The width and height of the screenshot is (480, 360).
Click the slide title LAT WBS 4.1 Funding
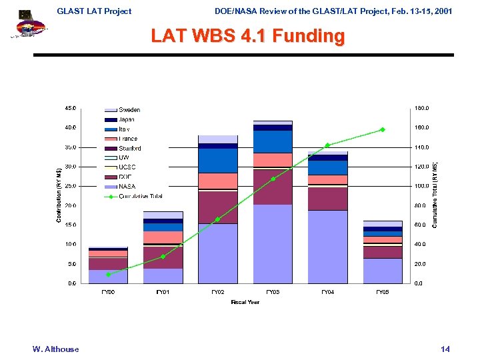click(x=248, y=35)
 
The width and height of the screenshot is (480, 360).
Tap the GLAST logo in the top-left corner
click(x=27, y=25)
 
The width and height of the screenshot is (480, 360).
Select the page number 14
click(x=445, y=349)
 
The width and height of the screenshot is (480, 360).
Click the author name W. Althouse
click(x=55, y=349)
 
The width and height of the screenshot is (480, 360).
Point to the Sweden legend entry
click(x=129, y=110)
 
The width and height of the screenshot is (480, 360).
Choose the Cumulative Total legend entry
click(x=140, y=196)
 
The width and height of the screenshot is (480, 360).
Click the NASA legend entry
click(x=127, y=187)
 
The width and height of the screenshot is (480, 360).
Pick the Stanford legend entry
click(x=130, y=148)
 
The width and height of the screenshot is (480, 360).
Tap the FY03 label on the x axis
click(x=273, y=292)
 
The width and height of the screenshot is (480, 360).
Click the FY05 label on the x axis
click(x=382, y=292)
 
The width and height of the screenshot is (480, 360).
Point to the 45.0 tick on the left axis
click(x=70, y=107)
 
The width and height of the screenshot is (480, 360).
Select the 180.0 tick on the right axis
click(x=423, y=107)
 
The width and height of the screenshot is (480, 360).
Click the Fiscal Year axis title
click(x=245, y=302)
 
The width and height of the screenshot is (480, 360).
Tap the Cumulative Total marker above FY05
click(x=383, y=129)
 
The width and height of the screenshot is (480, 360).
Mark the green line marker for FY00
click(x=108, y=274)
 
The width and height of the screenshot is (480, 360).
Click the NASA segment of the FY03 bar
click(x=273, y=243)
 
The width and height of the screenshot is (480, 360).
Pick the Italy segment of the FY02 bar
click(x=218, y=160)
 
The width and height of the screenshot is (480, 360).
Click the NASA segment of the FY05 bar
click(x=383, y=270)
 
